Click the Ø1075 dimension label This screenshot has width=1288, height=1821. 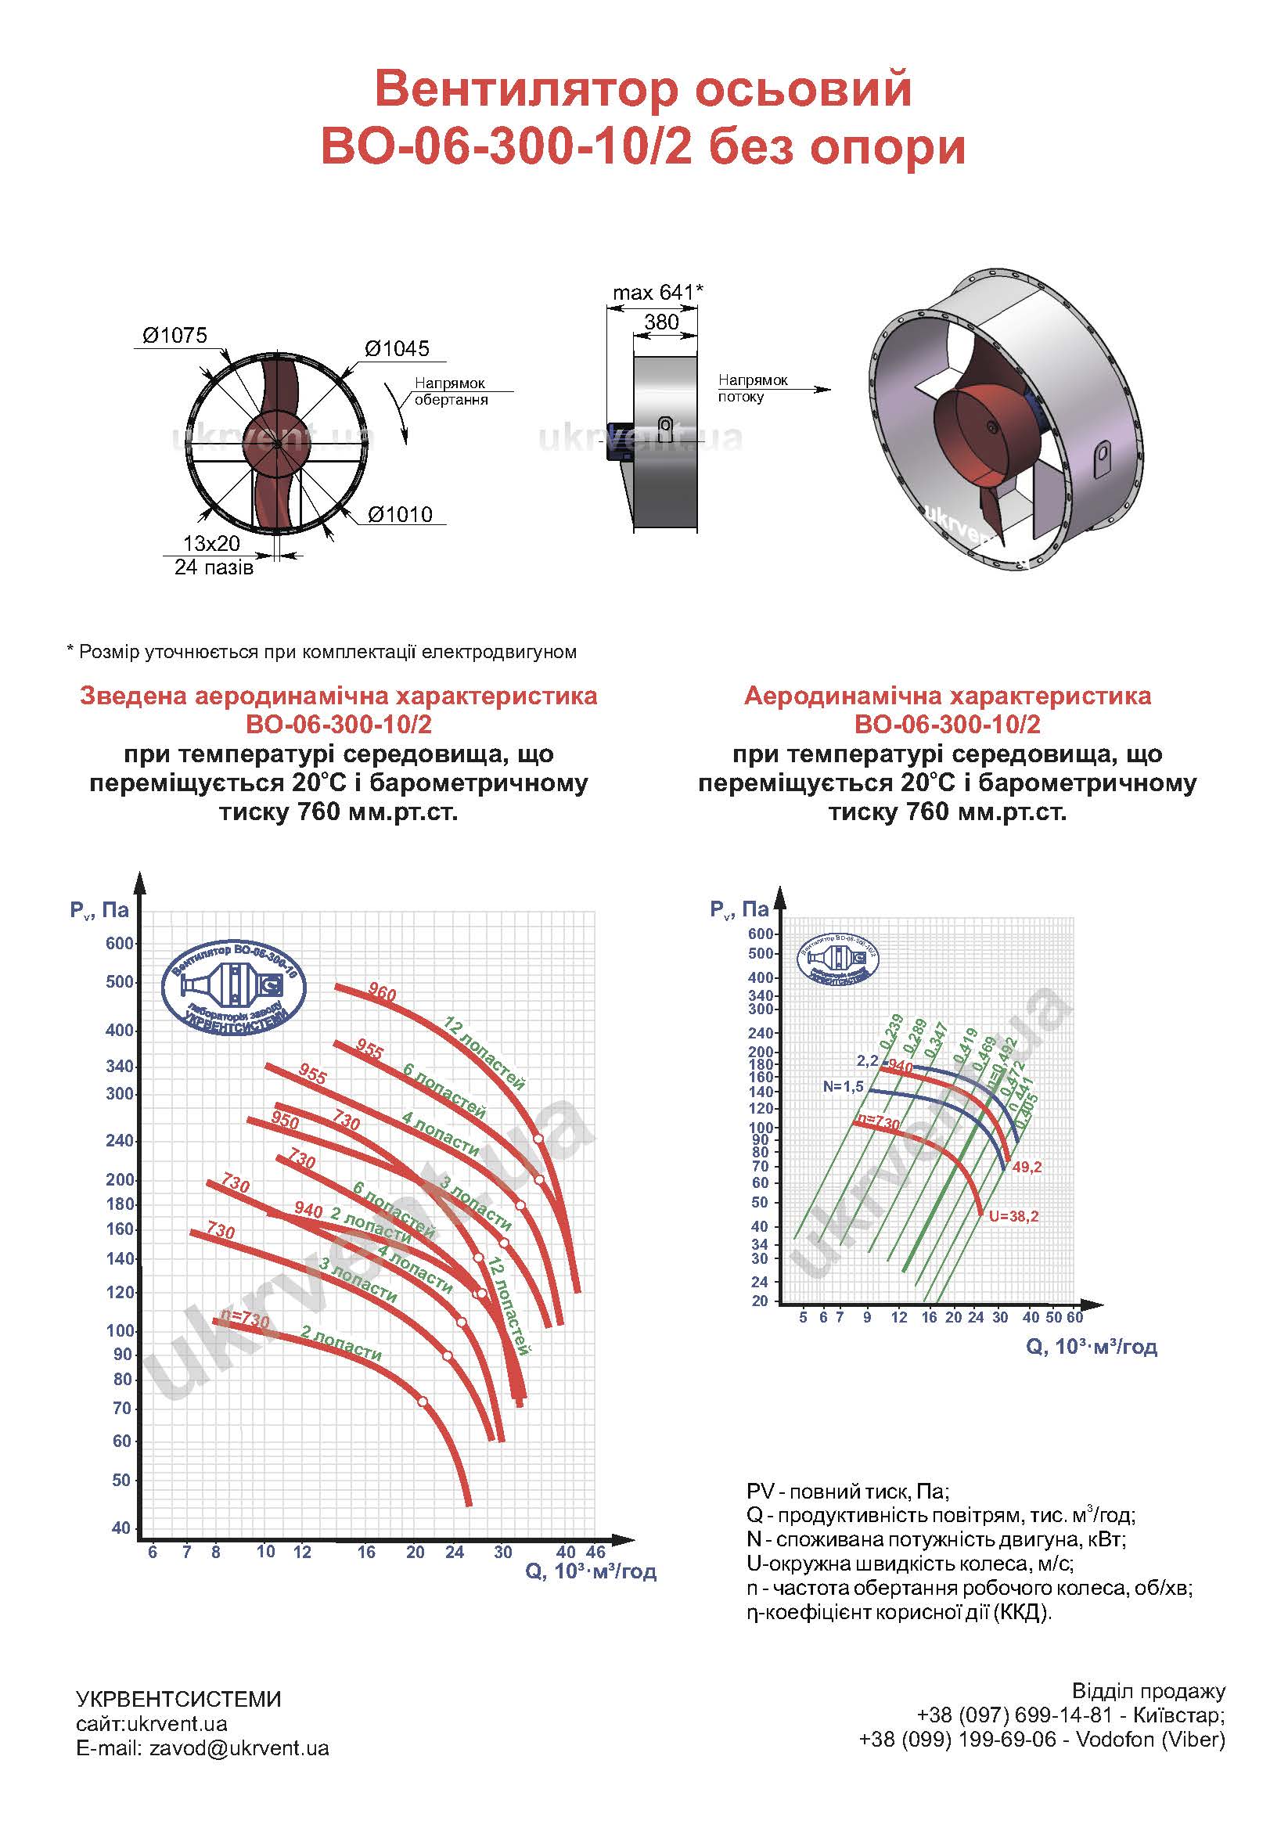point(174,336)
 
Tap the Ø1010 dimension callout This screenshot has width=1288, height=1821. point(400,515)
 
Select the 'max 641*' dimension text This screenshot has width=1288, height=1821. point(657,293)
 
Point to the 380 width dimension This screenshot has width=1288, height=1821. point(660,322)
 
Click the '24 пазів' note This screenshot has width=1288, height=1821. point(214,568)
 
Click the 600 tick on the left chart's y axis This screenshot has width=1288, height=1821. point(120,944)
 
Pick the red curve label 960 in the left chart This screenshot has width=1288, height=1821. point(383,992)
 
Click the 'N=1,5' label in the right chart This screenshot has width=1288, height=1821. point(843,1086)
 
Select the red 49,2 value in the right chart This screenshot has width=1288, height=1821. point(1027,1167)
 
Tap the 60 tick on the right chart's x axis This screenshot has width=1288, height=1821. point(1074,1317)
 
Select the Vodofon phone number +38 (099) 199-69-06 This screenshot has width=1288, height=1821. point(958,1740)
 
